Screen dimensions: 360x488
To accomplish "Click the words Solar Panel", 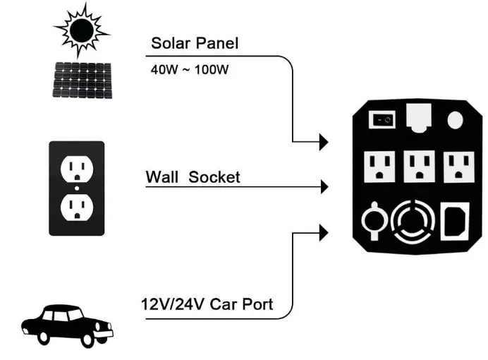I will point(195,43).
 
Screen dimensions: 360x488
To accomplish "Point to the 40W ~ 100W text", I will point(189,71).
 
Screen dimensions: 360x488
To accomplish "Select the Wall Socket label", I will point(193,176).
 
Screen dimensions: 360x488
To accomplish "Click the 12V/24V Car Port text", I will point(207,306).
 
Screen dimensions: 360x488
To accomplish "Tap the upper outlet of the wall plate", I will point(75,169).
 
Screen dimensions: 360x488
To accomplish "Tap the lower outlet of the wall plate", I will point(75,205).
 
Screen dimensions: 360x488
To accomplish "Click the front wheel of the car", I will point(89,341).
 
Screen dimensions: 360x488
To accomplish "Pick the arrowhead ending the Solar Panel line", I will point(324,142).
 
